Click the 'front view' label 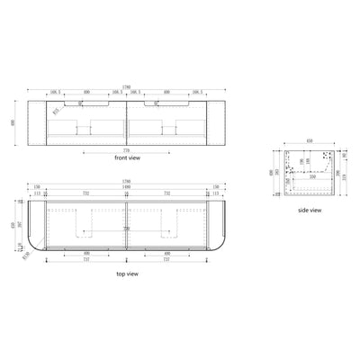pos(127,158)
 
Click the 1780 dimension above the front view pos(127,85)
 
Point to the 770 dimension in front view pos(127,149)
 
